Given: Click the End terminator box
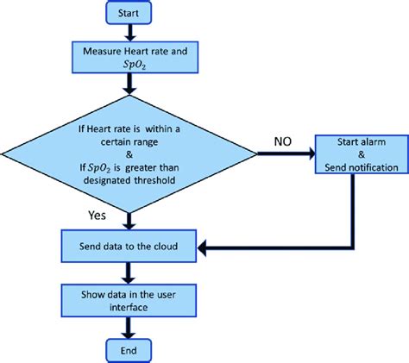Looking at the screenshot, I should click(129, 349).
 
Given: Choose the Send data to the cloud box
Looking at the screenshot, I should click(129, 246).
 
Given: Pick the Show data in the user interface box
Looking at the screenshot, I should click(129, 298).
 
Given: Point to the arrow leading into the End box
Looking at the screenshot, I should click(129, 326).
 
